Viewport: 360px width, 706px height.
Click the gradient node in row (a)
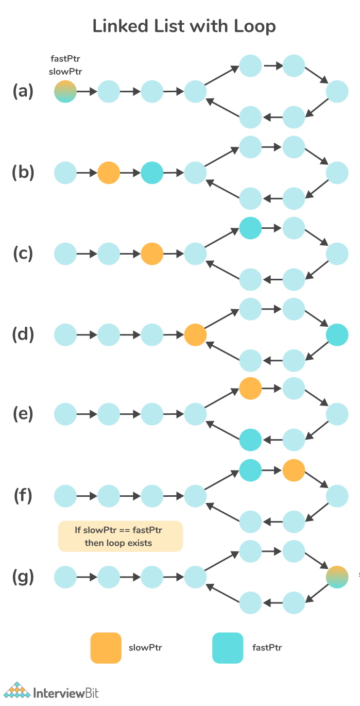65,92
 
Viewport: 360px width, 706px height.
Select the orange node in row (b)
109,173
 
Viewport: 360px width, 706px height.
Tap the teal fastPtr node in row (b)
152,173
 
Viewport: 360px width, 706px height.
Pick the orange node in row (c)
152,254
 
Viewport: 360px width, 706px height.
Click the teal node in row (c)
251,227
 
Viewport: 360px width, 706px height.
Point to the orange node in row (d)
196,334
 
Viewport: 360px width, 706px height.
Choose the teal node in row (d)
337,334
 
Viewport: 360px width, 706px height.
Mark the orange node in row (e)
251,388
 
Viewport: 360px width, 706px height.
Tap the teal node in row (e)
251,440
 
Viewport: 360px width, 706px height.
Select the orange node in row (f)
294,470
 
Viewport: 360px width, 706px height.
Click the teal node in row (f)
251,470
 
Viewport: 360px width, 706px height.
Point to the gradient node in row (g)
337,577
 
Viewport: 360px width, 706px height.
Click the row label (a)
23,92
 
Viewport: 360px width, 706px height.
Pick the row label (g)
23,577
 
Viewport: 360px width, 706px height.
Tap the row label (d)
23,334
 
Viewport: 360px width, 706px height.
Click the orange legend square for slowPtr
106,647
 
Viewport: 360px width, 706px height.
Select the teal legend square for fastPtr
228,647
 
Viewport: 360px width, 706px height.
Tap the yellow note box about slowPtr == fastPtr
121,536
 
